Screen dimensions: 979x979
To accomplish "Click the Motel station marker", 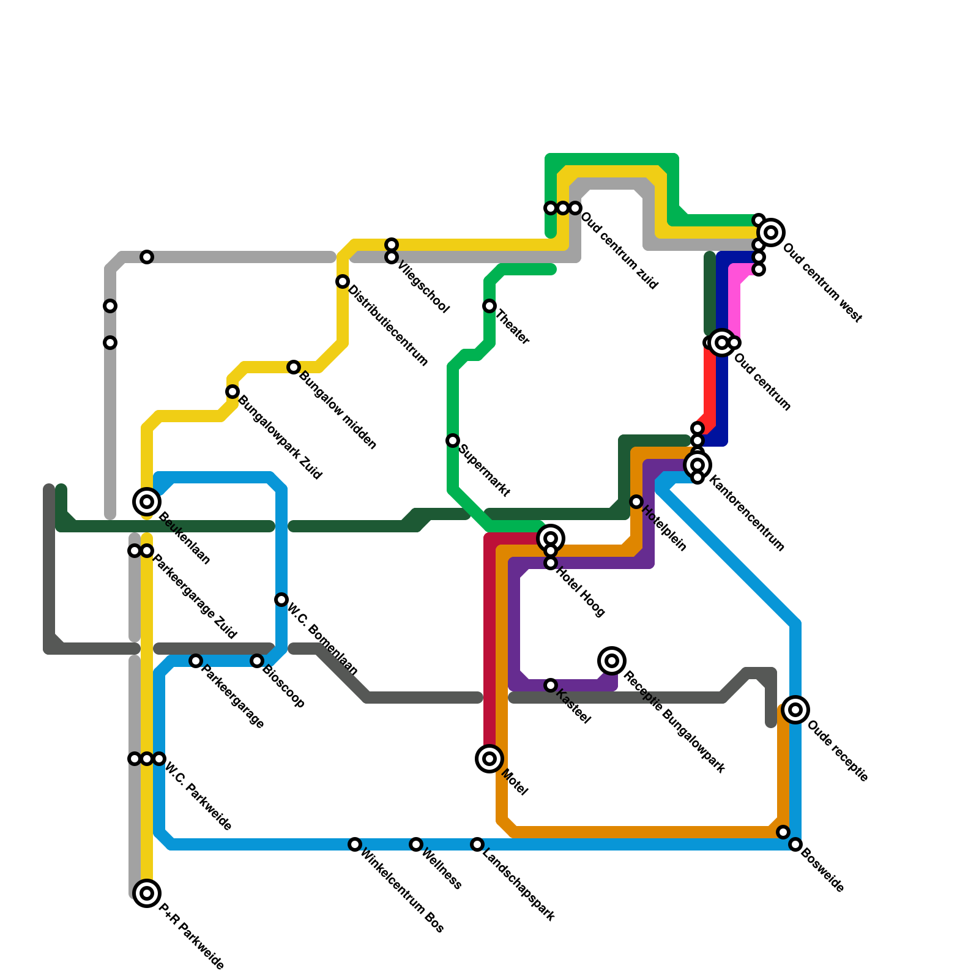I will pos(489,759).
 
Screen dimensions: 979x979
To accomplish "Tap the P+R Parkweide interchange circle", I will pos(147,893).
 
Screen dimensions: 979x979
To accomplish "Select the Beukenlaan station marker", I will pos(147,502).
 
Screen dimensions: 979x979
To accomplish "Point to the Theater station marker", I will pos(489,306).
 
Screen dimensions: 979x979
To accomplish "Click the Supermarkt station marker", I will pos(453,441).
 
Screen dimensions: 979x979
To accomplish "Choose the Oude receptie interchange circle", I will pos(795,710).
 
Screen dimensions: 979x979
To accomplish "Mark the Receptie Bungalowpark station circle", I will pos(612,661).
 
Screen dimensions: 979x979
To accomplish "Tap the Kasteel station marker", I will pos(551,685).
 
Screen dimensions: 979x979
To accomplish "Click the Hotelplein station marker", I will pos(636,502).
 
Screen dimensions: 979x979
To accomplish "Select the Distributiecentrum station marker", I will pos(343,281).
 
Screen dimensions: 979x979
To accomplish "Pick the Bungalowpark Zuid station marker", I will pos(233,392).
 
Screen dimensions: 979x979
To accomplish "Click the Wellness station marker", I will pos(416,844).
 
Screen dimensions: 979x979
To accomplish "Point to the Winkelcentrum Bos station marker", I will pos(355,844).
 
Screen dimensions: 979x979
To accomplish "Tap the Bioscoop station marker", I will pos(257,661).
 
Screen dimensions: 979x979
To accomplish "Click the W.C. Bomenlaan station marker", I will pos(281,600).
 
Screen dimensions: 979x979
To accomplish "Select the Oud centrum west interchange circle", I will pos(771,233).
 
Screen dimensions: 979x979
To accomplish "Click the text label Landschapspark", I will pos(518,885).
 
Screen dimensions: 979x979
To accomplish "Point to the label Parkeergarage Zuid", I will pos(195,597).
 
